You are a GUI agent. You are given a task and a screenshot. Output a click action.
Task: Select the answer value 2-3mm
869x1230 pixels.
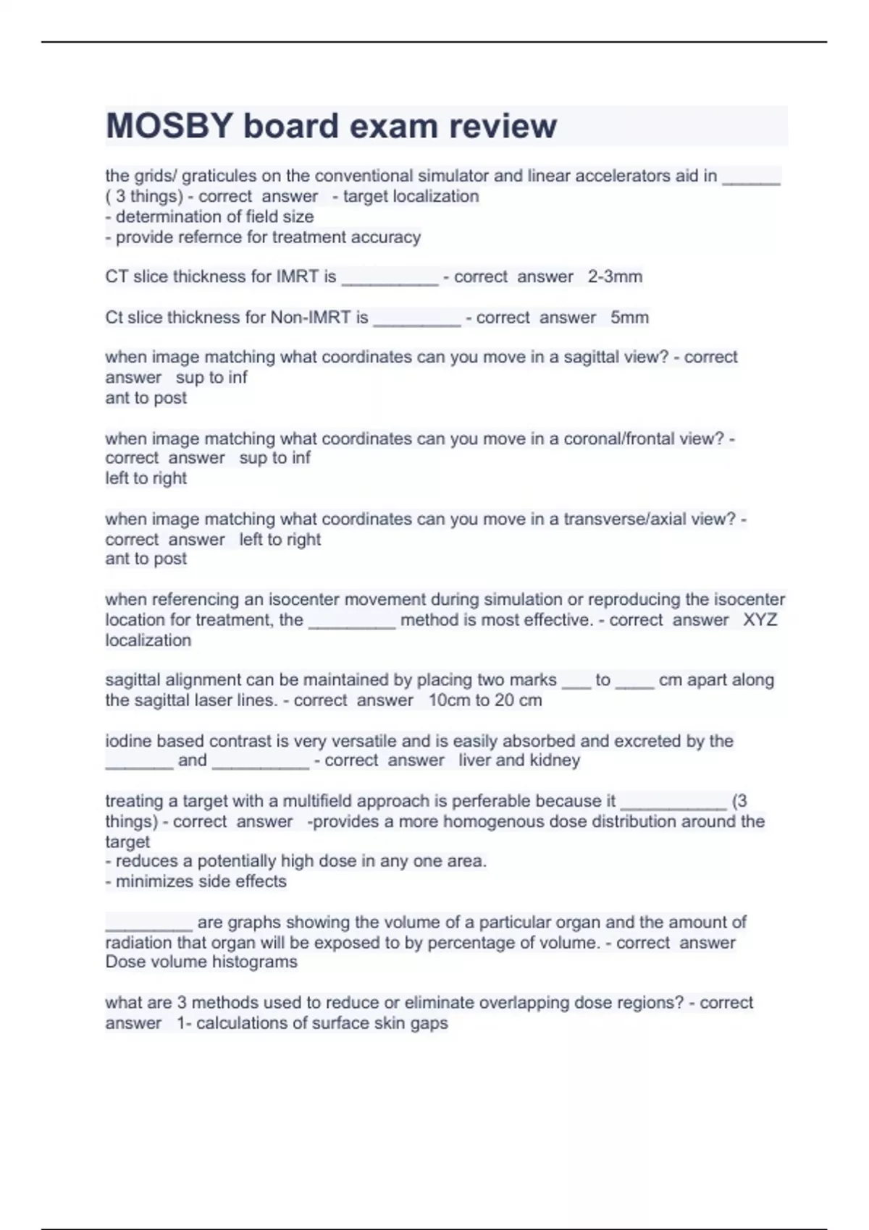(615, 276)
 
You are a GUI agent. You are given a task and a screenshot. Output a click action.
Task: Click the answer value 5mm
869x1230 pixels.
(629, 317)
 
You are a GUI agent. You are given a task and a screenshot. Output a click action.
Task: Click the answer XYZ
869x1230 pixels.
(760, 620)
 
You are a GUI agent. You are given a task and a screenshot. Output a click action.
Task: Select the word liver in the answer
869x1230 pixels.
(474, 760)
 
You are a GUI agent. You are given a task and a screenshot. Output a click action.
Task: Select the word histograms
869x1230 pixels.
(252, 962)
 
